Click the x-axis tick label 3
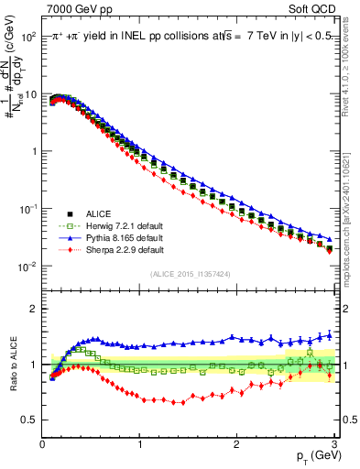[x=333, y=444]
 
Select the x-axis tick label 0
[x=43, y=444]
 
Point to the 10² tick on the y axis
[x=28, y=37]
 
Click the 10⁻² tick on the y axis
[x=28, y=266]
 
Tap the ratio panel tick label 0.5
[x=28, y=420]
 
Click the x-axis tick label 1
[x=139, y=444]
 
